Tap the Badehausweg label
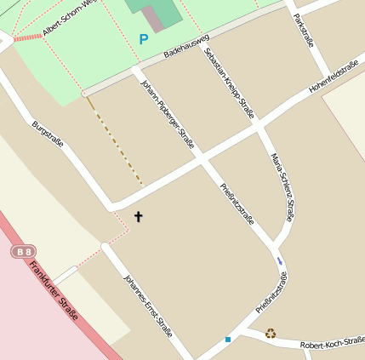point(186,52)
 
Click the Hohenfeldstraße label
point(336,77)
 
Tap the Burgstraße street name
point(48,135)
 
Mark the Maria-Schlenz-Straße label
point(282,188)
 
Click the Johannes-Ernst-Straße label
point(147,306)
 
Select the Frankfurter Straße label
point(54,291)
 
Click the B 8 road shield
point(24,252)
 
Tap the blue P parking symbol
point(143,39)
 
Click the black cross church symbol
point(138,216)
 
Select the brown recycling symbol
point(271,334)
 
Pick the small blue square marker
point(228,340)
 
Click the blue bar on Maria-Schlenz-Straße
point(279,260)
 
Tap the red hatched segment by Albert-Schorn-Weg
point(28,37)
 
